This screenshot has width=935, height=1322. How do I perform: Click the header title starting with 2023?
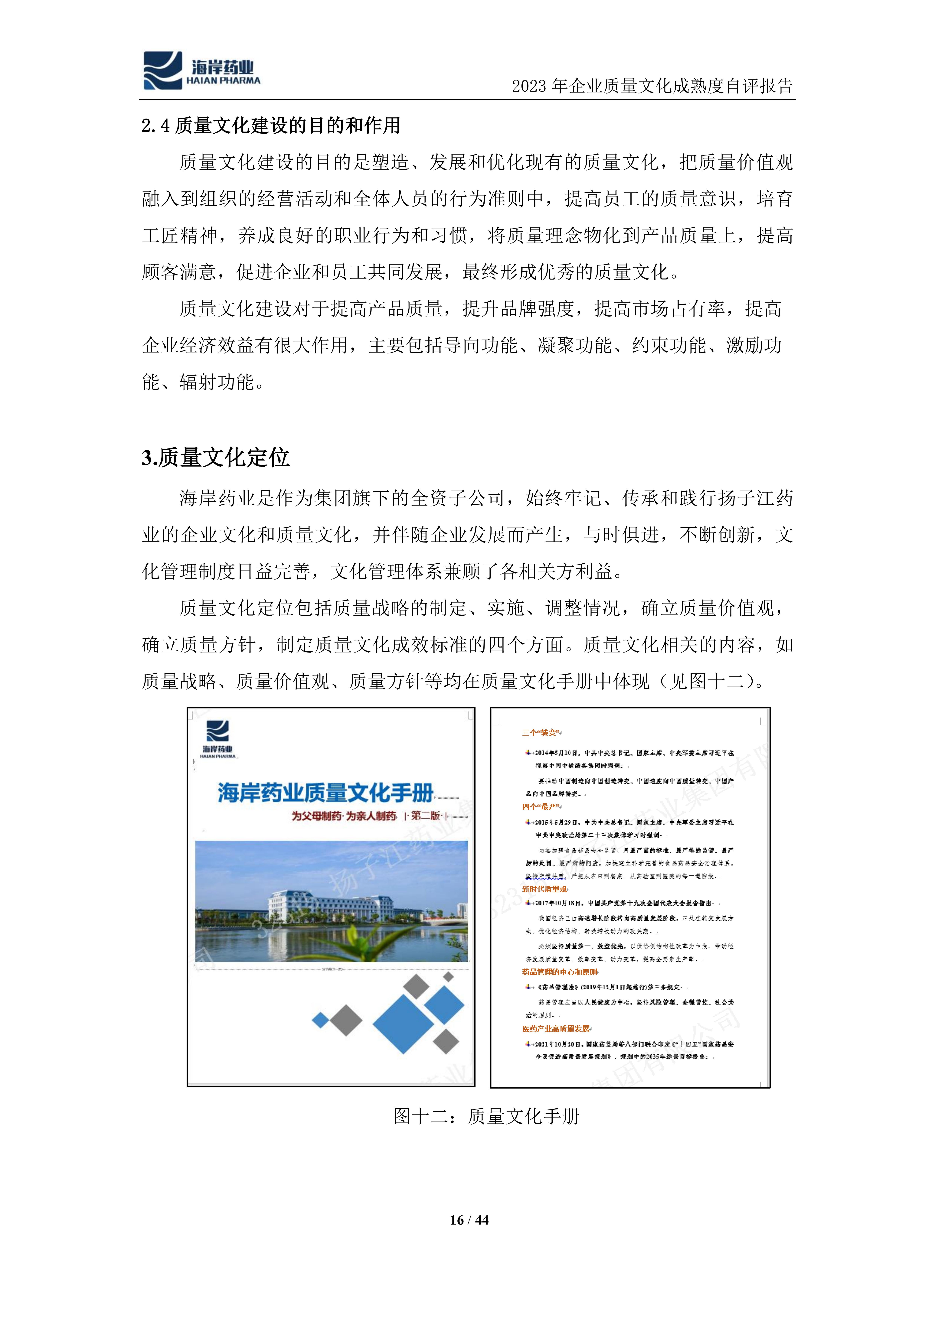pos(652,86)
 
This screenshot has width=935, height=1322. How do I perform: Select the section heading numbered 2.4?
pos(271,125)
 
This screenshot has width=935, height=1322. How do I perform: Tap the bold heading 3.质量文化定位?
pos(215,458)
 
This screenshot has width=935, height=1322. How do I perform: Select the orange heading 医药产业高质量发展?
pos(556,1028)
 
